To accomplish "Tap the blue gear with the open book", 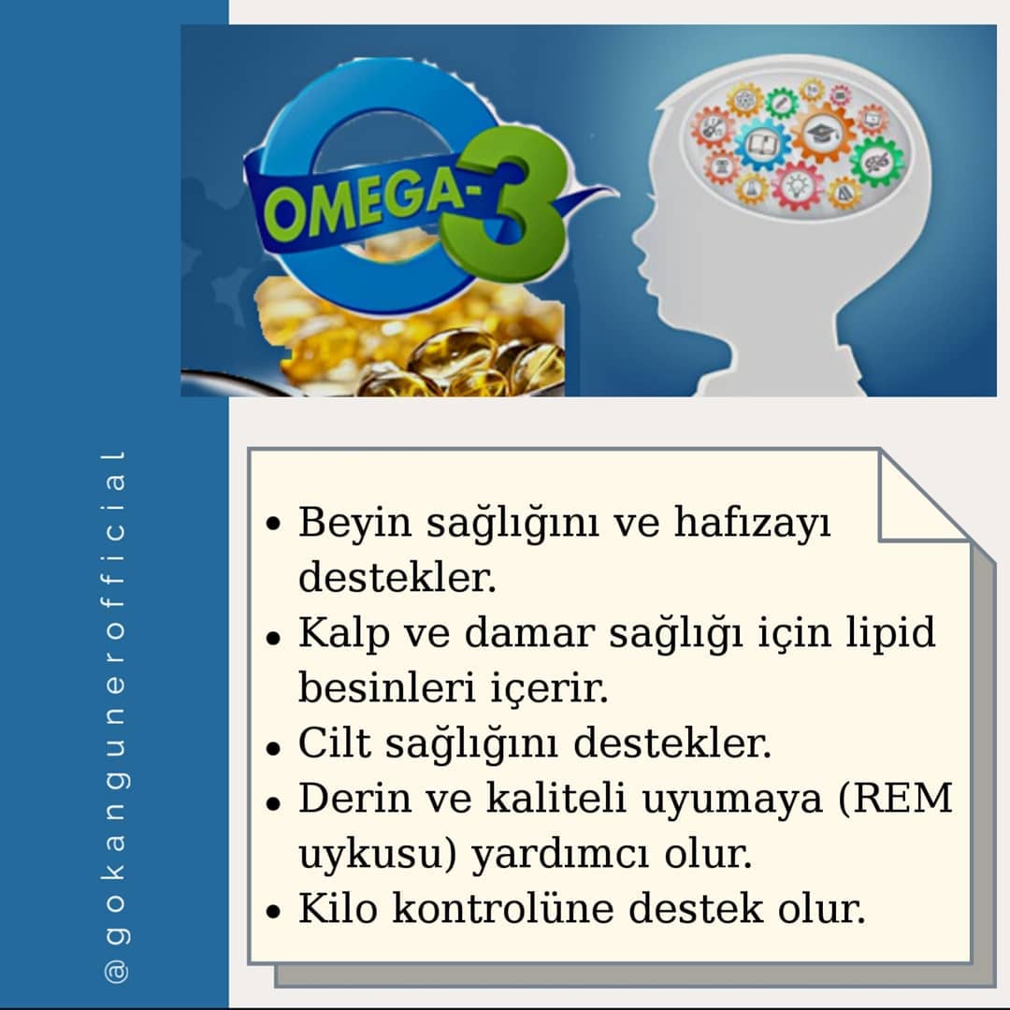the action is pos(762,144).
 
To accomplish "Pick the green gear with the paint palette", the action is pos(876,162).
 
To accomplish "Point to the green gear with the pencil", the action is pos(781,103).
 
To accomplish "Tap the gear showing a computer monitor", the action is pos(873,119).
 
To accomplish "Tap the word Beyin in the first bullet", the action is pos(354,523).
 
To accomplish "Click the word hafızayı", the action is pos(752,523).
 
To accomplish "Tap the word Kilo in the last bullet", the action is pos(338,908).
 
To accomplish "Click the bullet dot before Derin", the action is pos(273,803).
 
